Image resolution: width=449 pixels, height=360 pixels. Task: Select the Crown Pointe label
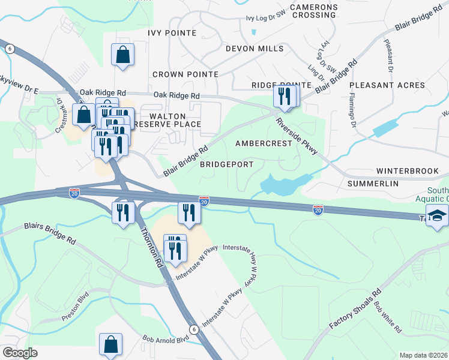(185, 74)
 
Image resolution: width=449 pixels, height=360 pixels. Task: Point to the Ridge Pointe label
(273, 85)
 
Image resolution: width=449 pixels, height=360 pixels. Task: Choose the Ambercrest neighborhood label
(264, 143)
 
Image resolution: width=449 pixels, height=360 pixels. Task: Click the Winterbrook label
(408, 171)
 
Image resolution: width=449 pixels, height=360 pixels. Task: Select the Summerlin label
(373, 183)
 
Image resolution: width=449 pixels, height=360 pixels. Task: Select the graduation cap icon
(438, 216)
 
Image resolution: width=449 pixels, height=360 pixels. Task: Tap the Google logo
(20, 353)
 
